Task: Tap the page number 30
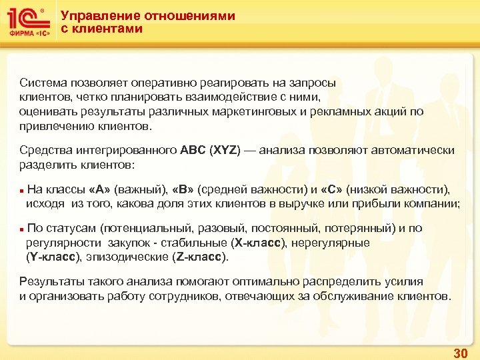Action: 460,353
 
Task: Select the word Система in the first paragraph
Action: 43,83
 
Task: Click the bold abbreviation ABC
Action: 193,151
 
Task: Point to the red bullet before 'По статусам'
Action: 22,229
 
